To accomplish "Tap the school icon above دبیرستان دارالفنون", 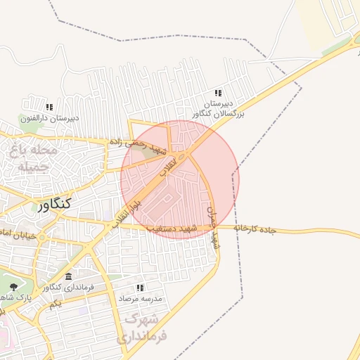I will (x=49, y=107).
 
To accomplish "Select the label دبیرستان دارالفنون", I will (x=49, y=118).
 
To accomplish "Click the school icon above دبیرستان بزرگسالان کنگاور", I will (x=218, y=93).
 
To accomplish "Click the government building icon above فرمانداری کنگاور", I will (x=67, y=276).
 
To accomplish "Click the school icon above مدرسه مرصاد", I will (x=140, y=288).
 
